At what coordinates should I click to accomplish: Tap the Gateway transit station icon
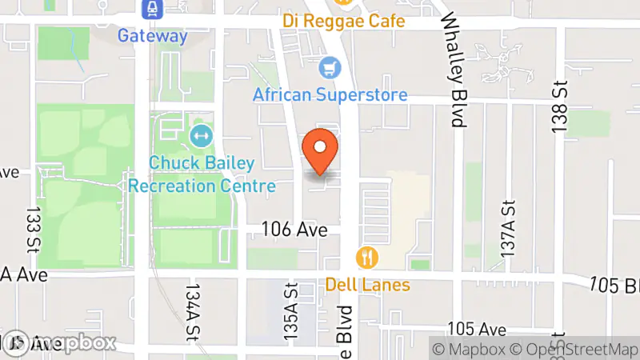151,10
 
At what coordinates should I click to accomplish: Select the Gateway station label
152,36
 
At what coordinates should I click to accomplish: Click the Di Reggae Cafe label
342,20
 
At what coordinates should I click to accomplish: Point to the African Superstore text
330,95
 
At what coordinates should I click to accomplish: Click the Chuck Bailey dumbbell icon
201,135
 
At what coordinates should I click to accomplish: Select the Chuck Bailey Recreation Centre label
202,174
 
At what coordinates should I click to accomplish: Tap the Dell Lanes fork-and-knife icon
367,257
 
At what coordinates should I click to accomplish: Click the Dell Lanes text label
367,285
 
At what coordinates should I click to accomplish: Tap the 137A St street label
506,228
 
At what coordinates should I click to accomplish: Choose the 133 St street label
33,228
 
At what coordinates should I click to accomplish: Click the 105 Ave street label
478,330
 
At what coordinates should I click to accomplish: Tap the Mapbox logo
60,343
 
